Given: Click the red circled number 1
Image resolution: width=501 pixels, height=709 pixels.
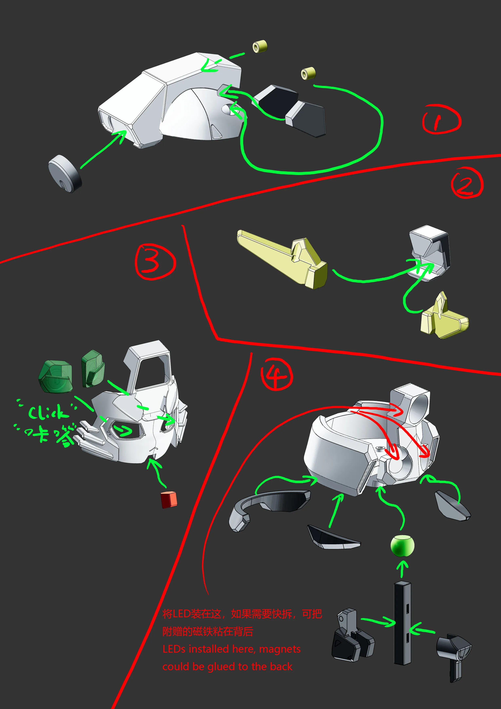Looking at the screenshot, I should [x=441, y=119].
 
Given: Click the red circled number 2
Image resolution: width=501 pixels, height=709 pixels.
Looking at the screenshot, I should [x=466, y=183].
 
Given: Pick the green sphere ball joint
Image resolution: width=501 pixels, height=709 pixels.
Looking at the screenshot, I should [x=402, y=546].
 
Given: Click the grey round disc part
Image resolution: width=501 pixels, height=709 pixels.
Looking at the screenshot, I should [x=65, y=174].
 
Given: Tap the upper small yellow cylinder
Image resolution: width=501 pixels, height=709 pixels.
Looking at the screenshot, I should [x=260, y=46].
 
